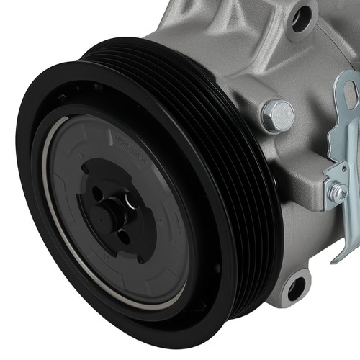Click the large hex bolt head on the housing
278,115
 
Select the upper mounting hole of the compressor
301,17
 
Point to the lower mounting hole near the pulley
296,287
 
